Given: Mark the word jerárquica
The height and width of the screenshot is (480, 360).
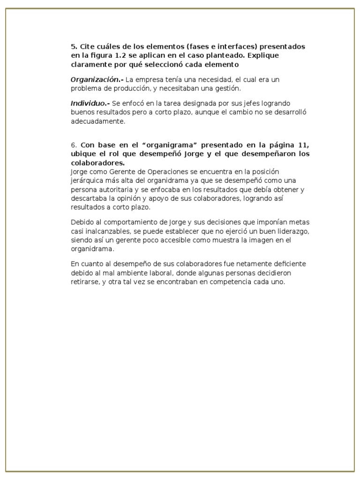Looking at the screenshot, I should (x=90, y=180).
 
